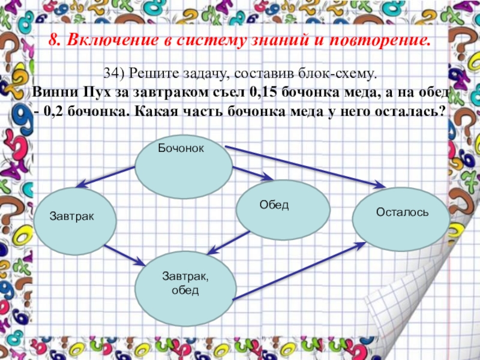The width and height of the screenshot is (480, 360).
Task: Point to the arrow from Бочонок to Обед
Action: point(251,174)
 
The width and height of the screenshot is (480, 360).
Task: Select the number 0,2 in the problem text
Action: point(56,112)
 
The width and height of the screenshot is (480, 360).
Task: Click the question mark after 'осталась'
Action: point(442,112)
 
